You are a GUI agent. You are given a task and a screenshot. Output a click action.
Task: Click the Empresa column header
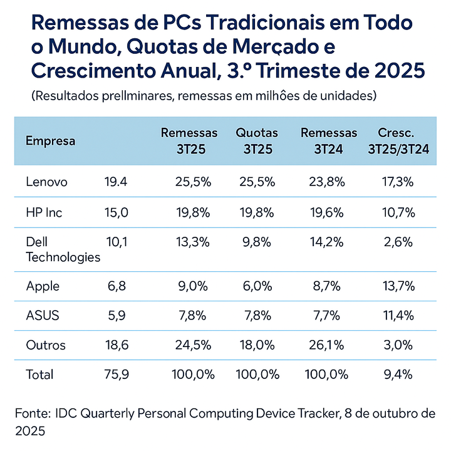pyautogui.click(x=50, y=141)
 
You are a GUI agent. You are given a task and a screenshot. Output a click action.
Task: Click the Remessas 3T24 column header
pyautogui.click(x=329, y=141)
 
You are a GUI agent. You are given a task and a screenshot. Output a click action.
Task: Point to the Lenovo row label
pyautogui.click(x=46, y=182)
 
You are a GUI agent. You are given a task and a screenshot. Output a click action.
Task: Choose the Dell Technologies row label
pyautogui.click(x=63, y=249)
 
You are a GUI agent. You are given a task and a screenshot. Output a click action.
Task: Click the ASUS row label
pyautogui.click(x=43, y=316)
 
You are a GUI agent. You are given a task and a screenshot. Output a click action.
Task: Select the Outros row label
pyautogui.click(x=46, y=345)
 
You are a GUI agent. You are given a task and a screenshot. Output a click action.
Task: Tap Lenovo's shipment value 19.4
pyautogui.click(x=116, y=182)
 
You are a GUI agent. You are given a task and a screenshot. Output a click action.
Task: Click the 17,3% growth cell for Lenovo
pyautogui.click(x=398, y=182)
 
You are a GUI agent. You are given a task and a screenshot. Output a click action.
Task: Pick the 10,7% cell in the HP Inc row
pyautogui.click(x=398, y=212)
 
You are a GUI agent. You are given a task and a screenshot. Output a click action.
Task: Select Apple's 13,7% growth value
pyautogui.click(x=398, y=286)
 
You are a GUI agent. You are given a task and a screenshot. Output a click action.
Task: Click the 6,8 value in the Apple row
pyautogui.click(x=116, y=286)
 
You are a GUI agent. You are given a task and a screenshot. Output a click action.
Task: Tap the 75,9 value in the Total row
pyautogui.click(x=116, y=375)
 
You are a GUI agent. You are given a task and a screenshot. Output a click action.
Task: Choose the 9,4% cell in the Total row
pyautogui.click(x=398, y=375)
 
